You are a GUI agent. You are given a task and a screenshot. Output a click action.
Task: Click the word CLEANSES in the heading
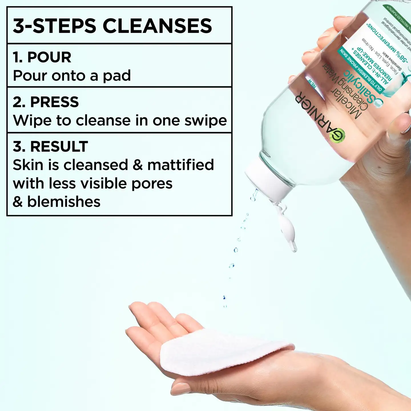pyautogui.click(x=157, y=26)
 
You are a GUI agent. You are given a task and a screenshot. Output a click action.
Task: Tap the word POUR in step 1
pyautogui.click(x=49, y=57)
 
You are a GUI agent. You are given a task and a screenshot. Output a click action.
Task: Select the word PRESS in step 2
pyautogui.click(x=54, y=102)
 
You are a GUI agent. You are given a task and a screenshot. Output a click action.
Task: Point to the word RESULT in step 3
pyautogui.click(x=59, y=146)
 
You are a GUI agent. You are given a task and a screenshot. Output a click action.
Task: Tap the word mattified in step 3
pyautogui.click(x=180, y=165)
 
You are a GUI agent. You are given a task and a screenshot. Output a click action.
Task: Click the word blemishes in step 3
pyautogui.click(x=64, y=202)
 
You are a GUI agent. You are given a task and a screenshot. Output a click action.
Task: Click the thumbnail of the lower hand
pyautogui.click(x=181, y=388)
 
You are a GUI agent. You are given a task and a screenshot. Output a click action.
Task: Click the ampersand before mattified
pyautogui.click(x=138, y=165)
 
